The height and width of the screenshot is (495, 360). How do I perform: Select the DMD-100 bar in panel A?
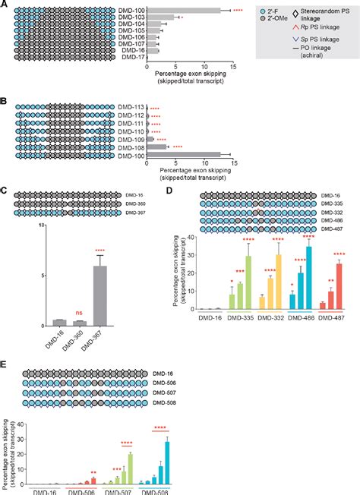coord(182,11)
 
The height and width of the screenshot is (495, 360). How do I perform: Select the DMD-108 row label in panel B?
coord(132,147)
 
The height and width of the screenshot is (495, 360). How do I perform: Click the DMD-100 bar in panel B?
coord(182,155)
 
